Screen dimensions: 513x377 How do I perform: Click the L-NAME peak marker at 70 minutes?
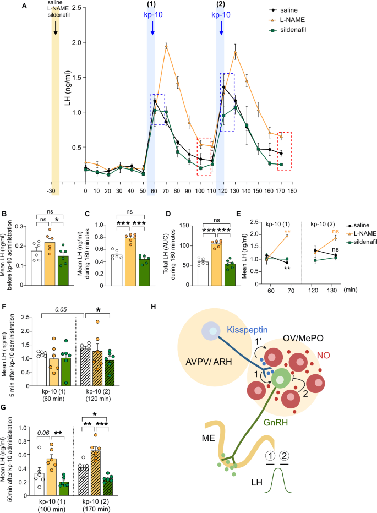(x=166, y=46)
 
